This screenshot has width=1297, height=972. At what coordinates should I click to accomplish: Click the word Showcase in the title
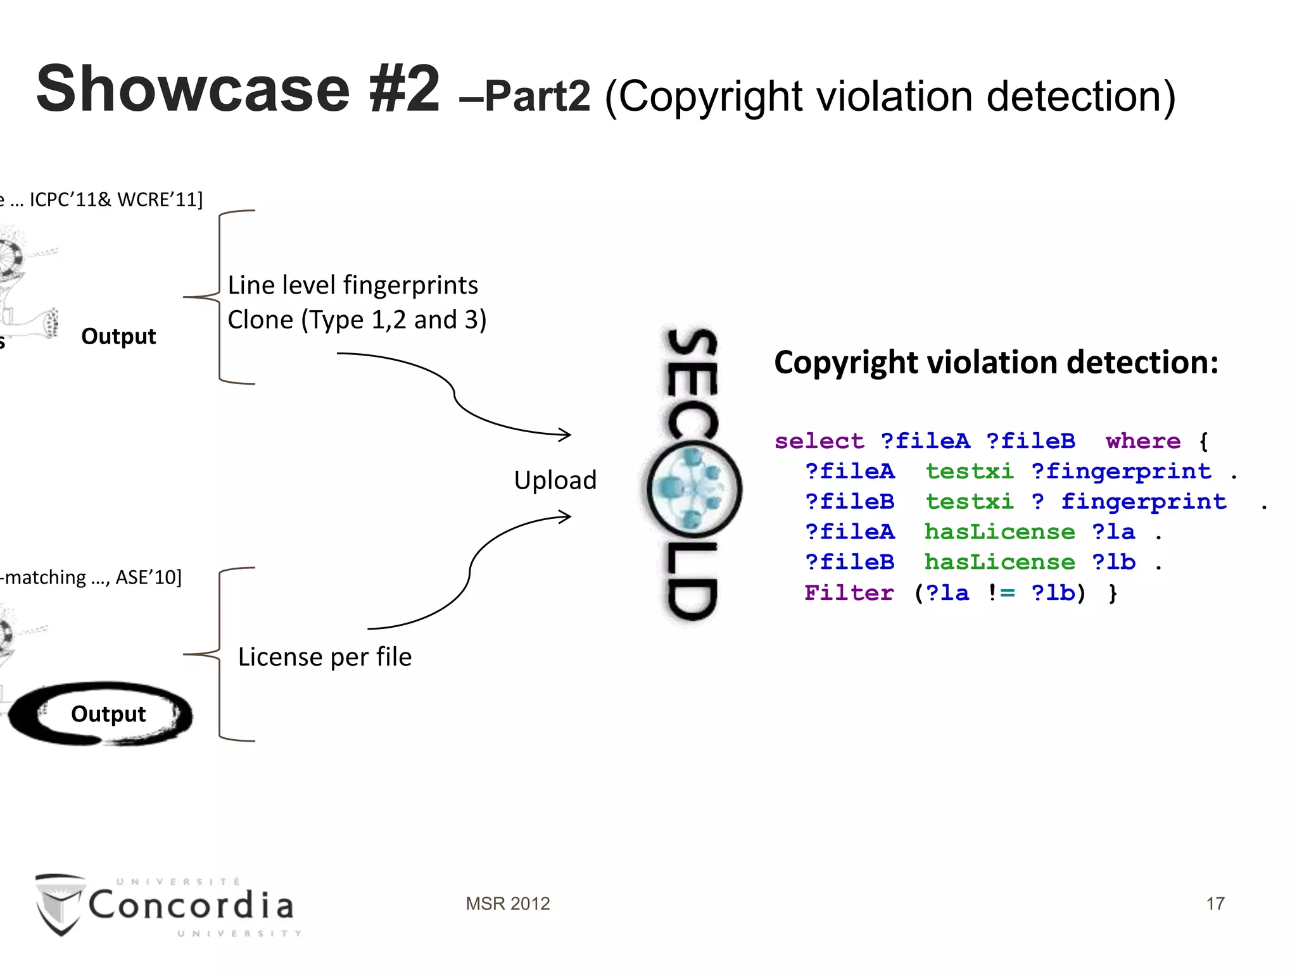(193, 89)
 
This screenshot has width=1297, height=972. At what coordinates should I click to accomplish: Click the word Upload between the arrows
(555, 480)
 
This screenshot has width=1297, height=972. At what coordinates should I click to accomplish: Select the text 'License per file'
(324, 657)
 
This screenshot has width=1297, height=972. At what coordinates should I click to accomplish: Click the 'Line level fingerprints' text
(353, 285)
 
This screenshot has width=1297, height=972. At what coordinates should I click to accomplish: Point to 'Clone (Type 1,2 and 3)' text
(357, 320)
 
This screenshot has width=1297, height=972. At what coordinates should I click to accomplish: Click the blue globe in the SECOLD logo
(694, 489)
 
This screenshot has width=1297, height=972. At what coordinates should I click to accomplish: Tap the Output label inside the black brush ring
(108, 714)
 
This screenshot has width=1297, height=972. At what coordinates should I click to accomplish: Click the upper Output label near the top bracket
(118, 336)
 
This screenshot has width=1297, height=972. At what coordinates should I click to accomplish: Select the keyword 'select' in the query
(819, 441)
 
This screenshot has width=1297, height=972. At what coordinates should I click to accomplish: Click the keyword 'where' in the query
(1143, 441)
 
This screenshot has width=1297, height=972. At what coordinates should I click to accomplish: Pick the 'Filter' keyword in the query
(849, 593)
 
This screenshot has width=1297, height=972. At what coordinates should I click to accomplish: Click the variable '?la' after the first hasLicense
(1113, 532)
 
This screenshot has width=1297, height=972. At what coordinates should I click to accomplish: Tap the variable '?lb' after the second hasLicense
(1113, 563)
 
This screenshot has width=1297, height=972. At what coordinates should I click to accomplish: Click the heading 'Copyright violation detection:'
(996, 363)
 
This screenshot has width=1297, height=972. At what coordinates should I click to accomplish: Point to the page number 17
(1215, 904)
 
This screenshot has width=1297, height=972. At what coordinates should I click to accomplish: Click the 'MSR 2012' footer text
(507, 904)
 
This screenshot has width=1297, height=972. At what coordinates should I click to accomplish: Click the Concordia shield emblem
(60, 904)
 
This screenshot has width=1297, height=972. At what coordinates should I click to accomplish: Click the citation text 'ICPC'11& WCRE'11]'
(116, 200)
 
